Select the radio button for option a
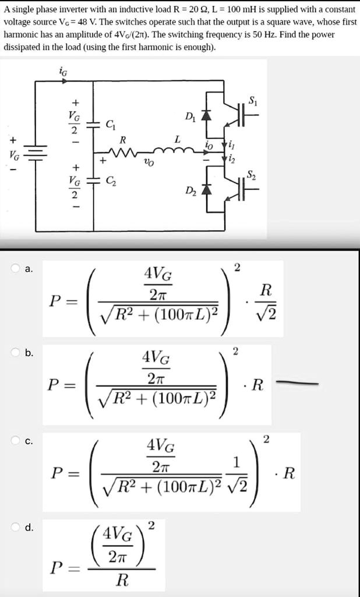point(16,269)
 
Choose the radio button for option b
point(16,353)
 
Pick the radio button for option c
point(16,441)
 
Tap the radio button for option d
point(16,528)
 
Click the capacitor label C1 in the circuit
point(110,125)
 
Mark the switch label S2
point(250,174)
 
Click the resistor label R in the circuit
point(122,141)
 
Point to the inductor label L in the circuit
point(178,140)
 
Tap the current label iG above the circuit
point(63,72)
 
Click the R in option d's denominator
point(122,580)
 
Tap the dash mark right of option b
point(298,383)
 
